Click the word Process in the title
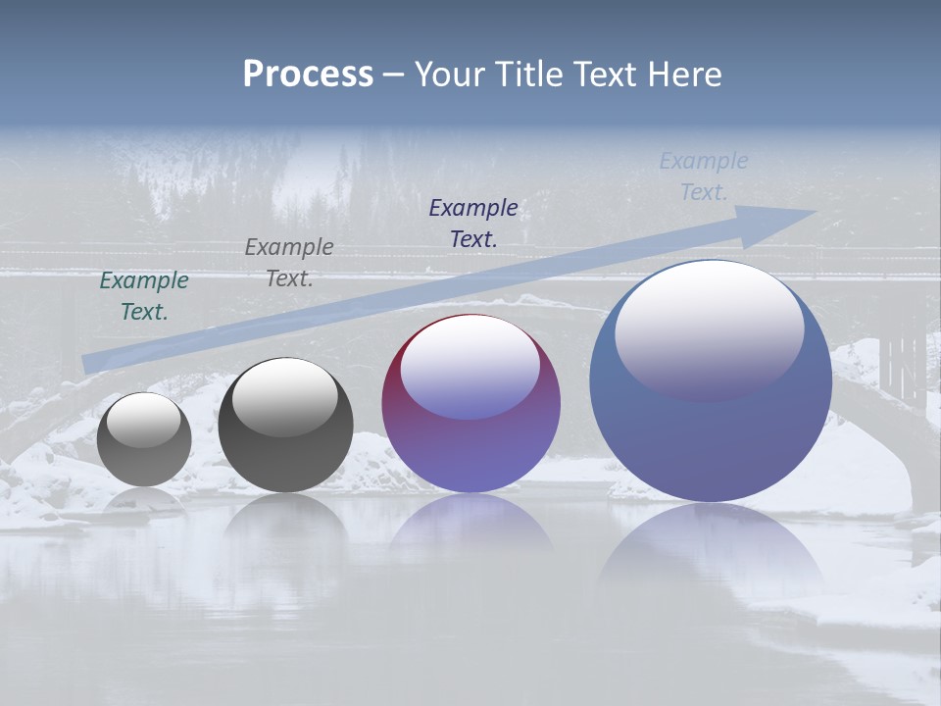click(x=308, y=75)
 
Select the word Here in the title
click(x=685, y=75)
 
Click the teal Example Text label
click(x=144, y=296)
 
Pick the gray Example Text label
click(x=289, y=263)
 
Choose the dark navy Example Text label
click(x=473, y=223)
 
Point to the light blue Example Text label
click(x=704, y=176)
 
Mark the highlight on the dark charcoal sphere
click(x=284, y=394)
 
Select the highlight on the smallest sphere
click(x=143, y=419)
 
